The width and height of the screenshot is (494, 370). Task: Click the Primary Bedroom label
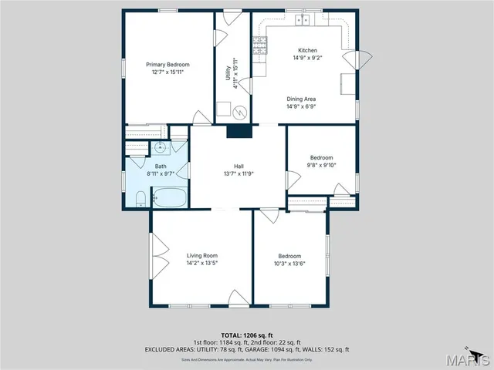168,65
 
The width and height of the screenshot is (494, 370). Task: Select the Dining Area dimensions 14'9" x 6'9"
301,106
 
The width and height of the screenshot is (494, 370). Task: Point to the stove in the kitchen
262,49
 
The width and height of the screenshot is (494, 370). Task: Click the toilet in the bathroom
140,199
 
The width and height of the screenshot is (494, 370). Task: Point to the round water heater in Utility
240,112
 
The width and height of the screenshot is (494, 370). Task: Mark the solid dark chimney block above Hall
239,132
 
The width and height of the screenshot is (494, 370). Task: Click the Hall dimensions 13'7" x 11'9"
239,173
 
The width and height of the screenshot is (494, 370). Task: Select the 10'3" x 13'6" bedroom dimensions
289,263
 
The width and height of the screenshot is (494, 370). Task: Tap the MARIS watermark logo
471,359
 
